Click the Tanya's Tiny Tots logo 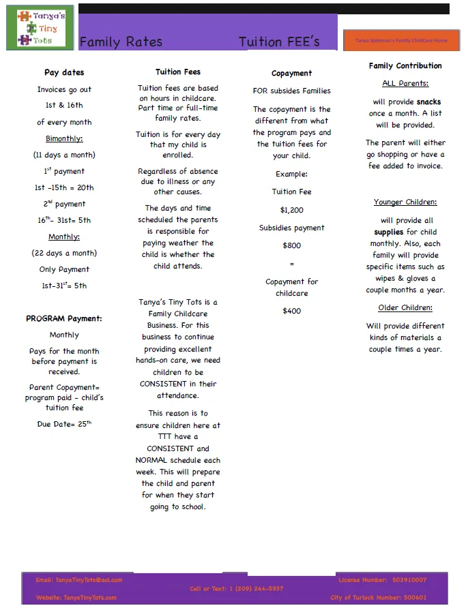40,27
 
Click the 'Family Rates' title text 121,42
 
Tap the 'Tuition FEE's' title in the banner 279,42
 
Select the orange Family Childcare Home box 401,40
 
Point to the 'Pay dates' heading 64,73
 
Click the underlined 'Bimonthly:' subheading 64,138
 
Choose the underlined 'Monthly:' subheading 64,237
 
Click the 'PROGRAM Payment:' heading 64,318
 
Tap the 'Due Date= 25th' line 64,424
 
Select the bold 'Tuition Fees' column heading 178,72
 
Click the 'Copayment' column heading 291,74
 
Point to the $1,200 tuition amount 291,210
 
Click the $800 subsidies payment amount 291,245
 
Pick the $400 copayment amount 291,311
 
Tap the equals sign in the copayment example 291,264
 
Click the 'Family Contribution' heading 405,66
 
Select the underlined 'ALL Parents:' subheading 405,84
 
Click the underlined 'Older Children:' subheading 405,308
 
